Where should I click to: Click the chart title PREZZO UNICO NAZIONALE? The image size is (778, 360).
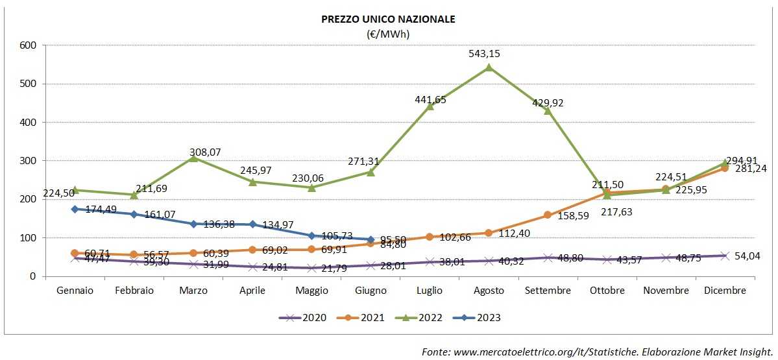point(388,19)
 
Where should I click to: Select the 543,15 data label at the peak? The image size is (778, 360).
point(489,54)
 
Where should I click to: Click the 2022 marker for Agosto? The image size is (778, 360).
point(489,67)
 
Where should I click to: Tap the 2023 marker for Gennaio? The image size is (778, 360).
point(75,209)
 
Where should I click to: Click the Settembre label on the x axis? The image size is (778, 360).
point(548,291)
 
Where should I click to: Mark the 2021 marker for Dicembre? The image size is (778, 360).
point(724,168)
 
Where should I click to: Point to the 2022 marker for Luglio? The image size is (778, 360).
point(430,106)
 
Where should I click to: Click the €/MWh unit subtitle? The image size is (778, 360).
point(388,33)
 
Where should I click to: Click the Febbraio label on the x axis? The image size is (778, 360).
point(134,291)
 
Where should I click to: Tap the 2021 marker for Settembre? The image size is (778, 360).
point(548,215)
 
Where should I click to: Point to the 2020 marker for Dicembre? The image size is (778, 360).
point(724,256)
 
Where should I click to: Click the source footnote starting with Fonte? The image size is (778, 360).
point(597,352)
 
